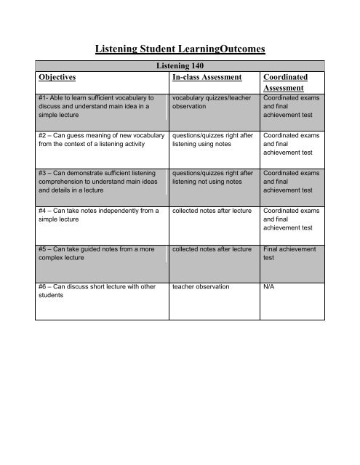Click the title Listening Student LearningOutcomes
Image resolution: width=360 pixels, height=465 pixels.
(x=180, y=50)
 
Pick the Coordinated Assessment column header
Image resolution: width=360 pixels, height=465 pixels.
(x=288, y=81)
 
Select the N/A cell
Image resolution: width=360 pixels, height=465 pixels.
(x=271, y=287)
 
